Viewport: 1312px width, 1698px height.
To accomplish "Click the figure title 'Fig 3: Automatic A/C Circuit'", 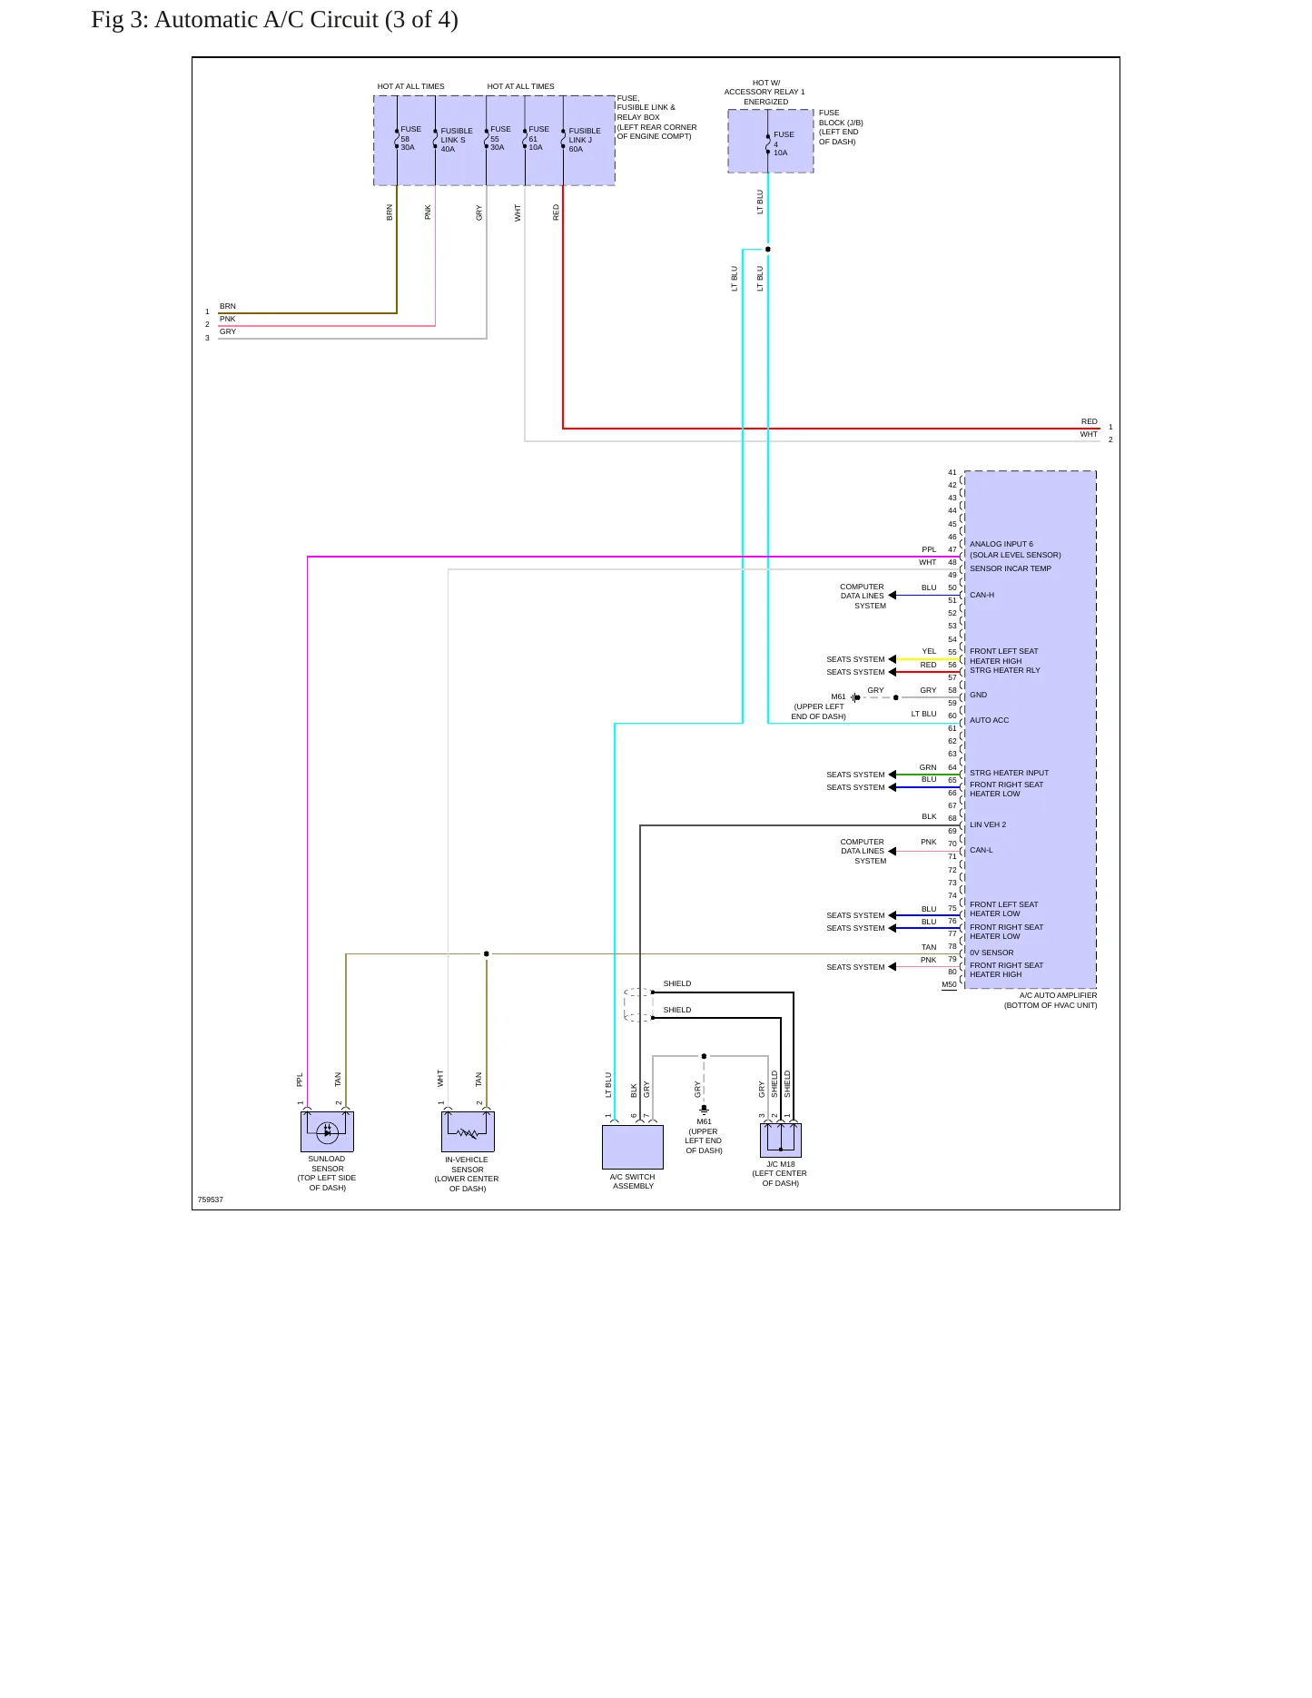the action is [x=235, y=20].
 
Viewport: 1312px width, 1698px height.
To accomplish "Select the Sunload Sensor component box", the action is [x=327, y=1131].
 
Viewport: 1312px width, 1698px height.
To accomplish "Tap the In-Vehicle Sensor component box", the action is [x=468, y=1131].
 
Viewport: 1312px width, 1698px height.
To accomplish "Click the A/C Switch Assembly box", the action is [x=633, y=1147].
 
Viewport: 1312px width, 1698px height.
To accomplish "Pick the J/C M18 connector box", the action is [x=781, y=1140].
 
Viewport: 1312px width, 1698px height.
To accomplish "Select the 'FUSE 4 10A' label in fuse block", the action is [x=783, y=143].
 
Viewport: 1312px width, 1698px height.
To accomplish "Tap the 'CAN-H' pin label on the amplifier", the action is [x=982, y=595].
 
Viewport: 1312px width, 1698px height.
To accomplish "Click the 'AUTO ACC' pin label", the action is [x=989, y=720].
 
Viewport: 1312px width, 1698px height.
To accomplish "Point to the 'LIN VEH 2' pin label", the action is [x=988, y=824].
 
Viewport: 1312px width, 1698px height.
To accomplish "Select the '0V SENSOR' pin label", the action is [x=991, y=953].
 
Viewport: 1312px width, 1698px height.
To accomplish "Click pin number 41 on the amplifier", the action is [x=952, y=472].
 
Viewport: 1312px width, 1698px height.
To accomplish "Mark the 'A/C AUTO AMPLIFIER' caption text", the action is [x=1058, y=995].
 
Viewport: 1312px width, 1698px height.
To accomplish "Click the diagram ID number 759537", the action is [x=211, y=1199].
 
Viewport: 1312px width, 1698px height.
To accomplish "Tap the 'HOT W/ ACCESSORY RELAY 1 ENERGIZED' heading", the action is [x=765, y=92].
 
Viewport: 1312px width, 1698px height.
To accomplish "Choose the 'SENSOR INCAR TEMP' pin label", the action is [x=1011, y=568].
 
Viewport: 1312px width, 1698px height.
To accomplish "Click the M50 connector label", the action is [x=949, y=984].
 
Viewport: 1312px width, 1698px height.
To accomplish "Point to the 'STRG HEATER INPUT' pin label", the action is [x=1009, y=773].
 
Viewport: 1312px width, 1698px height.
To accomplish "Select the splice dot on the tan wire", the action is [x=487, y=953].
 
